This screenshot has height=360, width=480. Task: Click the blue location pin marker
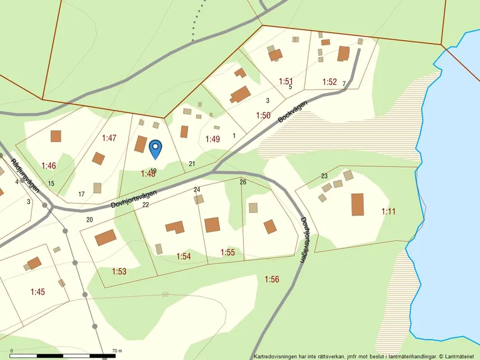[155, 148]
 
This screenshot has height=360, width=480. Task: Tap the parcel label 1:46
[48, 166]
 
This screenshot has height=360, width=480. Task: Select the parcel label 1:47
[109, 138]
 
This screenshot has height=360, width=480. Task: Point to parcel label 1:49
[213, 139]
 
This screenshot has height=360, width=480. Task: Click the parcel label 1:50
[263, 116]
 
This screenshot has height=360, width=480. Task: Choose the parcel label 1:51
[285, 81]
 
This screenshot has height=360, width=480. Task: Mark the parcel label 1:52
[329, 82]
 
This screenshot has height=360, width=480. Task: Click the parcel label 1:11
[388, 211]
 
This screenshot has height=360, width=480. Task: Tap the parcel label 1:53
[119, 272]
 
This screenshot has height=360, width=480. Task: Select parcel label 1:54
[184, 256]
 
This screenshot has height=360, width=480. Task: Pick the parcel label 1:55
[227, 252]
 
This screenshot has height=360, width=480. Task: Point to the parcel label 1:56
[272, 280]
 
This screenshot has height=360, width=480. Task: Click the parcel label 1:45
[38, 291]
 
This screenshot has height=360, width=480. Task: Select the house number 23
[324, 176]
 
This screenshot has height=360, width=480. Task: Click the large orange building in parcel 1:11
[357, 205]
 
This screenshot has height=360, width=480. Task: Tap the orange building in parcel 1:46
[56, 136]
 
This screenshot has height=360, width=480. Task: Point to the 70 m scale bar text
[116, 351]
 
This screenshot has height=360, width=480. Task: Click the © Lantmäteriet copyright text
[457, 356]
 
